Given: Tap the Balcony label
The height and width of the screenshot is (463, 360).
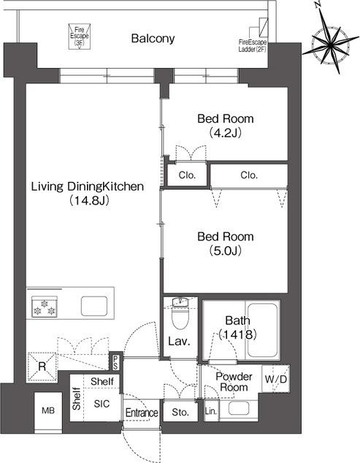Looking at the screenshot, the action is pos(153,39).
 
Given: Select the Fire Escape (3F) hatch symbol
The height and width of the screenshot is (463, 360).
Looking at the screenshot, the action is pos(79,37).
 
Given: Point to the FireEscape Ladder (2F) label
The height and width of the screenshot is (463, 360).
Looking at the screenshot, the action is pos(253,46).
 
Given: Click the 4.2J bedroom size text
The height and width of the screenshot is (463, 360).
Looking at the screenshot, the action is pos(226,133).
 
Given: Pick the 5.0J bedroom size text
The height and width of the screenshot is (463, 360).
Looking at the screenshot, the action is pos(226,250).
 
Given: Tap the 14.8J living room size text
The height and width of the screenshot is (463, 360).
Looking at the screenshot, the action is pos(88,201).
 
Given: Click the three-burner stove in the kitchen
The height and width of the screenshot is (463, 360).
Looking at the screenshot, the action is pos(45,307).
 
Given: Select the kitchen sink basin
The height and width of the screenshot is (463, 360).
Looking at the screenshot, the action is pos(94,306).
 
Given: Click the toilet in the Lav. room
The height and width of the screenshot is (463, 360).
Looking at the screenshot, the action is pos(180,315).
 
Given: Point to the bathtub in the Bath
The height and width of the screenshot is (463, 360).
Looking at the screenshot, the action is pos(262,330).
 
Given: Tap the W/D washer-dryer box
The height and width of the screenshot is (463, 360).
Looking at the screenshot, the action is pos(275,379).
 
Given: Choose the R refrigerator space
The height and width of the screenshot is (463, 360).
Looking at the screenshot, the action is pos(42,367).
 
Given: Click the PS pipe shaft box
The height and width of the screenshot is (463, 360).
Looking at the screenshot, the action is pos(115,361).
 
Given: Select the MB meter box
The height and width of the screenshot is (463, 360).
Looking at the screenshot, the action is pos(48,410).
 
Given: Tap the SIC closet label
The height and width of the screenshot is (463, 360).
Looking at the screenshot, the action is pos(102,404).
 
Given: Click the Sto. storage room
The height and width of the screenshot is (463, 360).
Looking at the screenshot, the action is pos(180,412).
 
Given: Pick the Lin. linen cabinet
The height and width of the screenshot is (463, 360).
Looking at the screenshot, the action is pos(211,410).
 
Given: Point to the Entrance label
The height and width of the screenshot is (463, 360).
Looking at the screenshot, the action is pos(142,413).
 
